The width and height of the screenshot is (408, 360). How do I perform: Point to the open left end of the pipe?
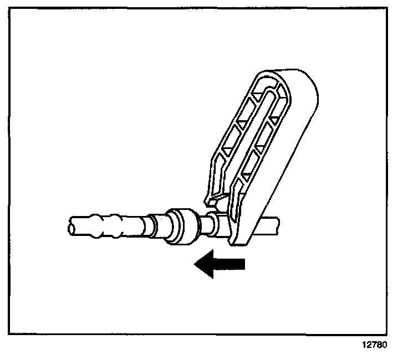[x=70, y=227]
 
